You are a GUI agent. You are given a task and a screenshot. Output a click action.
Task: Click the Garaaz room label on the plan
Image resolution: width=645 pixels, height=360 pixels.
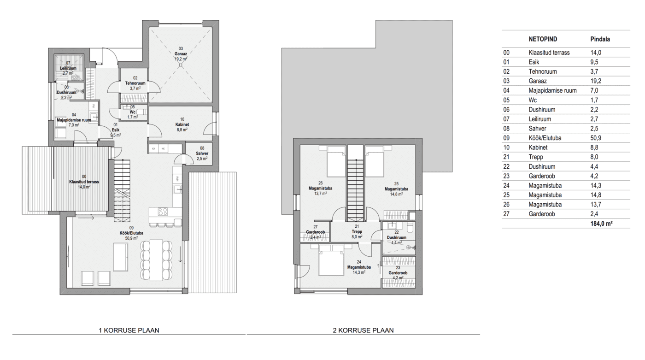[181, 54]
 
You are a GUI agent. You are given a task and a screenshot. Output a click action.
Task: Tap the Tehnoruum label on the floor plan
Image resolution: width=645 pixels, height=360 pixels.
[135, 83]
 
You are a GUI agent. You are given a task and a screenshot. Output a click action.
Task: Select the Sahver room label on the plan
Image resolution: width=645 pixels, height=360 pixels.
[202, 153]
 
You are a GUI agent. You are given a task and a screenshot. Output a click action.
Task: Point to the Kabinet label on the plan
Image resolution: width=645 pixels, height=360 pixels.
[182, 125]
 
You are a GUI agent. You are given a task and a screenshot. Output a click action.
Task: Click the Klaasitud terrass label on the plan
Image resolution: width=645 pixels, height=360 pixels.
[84, 182]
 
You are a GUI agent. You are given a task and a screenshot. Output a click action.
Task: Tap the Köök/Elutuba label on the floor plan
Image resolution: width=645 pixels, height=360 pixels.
[131, 233]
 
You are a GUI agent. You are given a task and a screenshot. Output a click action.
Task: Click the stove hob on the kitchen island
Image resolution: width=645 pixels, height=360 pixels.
[163, 212]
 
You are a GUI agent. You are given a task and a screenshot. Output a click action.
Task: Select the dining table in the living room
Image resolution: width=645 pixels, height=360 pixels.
[156, 260]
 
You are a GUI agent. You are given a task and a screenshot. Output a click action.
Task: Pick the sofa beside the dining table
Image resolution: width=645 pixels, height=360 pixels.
[121, 257]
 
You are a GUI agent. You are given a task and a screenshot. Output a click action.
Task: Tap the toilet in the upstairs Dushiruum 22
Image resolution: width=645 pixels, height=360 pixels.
[410, 228]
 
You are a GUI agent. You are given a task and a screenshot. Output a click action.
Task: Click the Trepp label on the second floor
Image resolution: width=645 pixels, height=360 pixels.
[357, 231]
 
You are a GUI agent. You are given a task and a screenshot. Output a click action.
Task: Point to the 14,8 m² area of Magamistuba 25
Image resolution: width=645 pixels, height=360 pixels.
[396, 195]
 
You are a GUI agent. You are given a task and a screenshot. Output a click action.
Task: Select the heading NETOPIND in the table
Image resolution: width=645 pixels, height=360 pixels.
[543, 39]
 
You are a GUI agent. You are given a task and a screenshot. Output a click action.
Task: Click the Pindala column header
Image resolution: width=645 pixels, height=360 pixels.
[600, 39]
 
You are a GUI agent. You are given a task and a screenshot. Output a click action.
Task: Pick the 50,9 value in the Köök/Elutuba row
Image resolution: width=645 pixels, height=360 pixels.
[596, 138]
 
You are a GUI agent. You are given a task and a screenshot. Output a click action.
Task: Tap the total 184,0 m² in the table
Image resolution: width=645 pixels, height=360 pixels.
[601, 224]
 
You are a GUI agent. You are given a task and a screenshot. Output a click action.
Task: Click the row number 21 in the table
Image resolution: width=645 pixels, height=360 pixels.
[506, 157]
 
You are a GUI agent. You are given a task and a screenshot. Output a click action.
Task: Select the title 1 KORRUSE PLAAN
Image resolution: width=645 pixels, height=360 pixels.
[129, 330]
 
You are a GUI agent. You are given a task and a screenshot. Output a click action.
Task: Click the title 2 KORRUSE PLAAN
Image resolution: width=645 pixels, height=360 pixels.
[363, 330]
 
